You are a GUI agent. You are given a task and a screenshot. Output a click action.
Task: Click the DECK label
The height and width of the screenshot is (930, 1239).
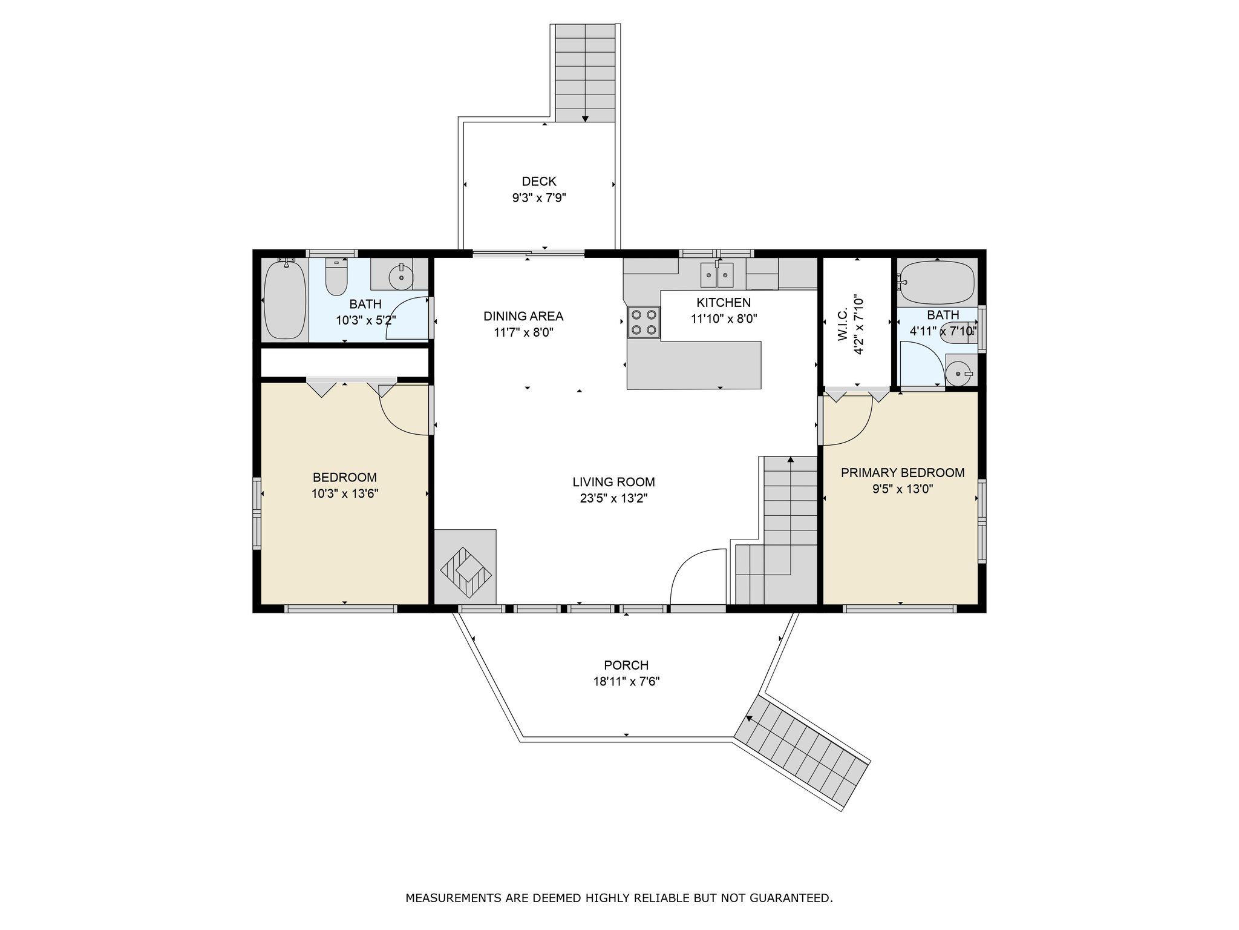tap(539, 181)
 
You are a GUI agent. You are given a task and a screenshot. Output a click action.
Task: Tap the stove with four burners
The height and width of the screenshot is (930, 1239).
tap(644, 322)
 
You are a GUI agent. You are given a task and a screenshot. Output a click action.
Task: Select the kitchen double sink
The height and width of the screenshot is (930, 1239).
tap(717, 274)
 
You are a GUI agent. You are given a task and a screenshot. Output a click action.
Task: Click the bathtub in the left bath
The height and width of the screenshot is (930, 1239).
tap(285, 299)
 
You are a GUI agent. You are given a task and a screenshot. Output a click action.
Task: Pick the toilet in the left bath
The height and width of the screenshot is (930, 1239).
tap(336, 276)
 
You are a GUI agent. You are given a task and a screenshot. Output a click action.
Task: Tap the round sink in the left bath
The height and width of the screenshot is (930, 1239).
tap(400, 277)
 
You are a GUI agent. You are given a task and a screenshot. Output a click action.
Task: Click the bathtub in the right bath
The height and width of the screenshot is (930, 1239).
tap(936, 282)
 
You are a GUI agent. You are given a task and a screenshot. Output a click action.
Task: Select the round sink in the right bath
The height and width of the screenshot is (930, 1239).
tap(958, 373)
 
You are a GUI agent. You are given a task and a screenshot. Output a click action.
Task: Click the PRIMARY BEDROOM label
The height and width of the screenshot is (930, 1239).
tap(903, 473)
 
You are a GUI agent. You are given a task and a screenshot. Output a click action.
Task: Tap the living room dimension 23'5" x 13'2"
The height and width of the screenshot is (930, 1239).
tap(613, 498)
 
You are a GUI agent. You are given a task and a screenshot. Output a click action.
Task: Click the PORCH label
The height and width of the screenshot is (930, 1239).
tap(626, 665)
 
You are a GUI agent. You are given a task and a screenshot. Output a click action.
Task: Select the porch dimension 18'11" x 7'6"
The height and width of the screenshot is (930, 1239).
tap(626, 681)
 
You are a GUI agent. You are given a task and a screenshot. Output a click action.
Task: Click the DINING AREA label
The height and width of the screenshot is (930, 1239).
tap(523, 316)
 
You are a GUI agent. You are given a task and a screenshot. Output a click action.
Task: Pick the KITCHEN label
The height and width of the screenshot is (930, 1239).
tap(724, 303)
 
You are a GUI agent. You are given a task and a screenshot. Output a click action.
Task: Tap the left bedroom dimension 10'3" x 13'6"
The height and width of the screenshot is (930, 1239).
tap(345, 493)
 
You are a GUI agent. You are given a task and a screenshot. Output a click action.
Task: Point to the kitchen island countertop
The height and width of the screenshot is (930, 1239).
tap(694, 365)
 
